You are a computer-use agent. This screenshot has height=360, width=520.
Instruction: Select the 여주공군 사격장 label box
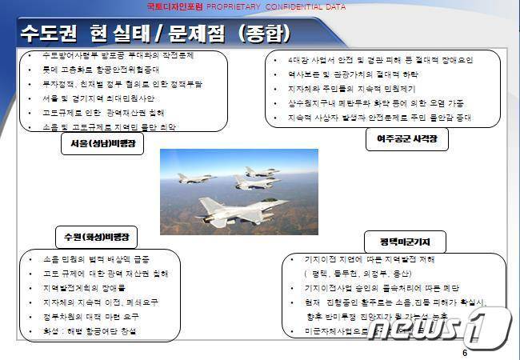[x=407, y=141]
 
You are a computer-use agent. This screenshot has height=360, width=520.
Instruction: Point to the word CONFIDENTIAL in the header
[x=298, y=6]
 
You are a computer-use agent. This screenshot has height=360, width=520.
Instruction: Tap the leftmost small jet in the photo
[x=194, y=178]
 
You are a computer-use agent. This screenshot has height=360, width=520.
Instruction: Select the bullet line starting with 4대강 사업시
[x=380, y=60]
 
